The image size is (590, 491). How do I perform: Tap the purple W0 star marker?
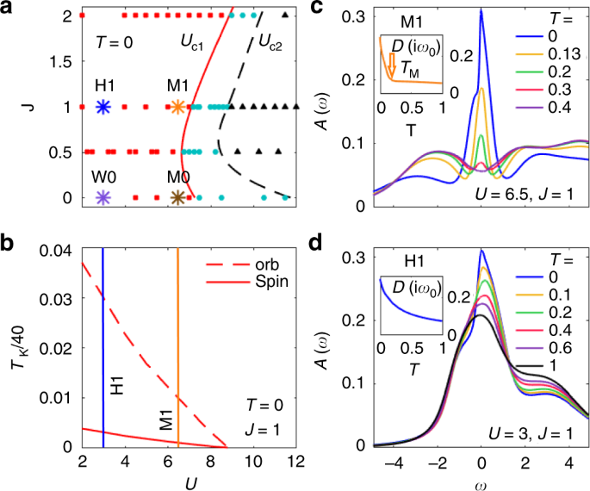pyautogui.click(x=103, y=198)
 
